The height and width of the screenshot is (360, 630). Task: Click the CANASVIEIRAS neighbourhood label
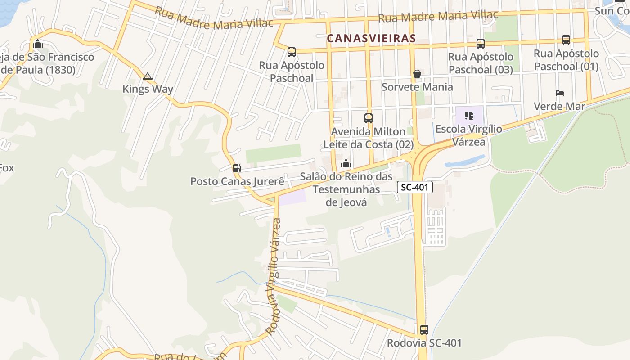click(371, 38)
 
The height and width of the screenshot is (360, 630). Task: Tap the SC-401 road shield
click(414, 187)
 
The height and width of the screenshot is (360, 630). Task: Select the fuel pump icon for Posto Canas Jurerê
click(237, 168)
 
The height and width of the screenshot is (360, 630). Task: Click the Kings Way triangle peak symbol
click(147, 76)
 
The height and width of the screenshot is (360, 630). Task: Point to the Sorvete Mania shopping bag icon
click(417, 74)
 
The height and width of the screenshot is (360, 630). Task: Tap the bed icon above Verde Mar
click(560, 94)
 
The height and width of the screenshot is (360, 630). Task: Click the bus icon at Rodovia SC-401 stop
click(424, 330)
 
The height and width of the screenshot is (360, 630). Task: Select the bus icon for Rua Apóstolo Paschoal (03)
click(481, 44)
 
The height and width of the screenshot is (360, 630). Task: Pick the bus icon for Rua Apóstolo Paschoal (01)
click(566, 40)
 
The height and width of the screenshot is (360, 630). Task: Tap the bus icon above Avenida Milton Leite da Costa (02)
click(369, 118)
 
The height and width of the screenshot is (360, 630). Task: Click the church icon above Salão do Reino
click(346, 163)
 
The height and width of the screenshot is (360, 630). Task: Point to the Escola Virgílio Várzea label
click(468, 135)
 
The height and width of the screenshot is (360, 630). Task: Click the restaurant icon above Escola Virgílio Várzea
click(469, 116)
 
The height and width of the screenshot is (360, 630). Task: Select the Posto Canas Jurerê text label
click(237, 181)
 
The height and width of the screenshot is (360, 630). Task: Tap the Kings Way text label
click(148, 89)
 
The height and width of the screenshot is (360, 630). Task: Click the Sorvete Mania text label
click(417, 87)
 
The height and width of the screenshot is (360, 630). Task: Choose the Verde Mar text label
click(559, 107)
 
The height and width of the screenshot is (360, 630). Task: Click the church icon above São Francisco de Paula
click(38, 44)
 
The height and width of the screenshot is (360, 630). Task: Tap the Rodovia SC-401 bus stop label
click(424, 343)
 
